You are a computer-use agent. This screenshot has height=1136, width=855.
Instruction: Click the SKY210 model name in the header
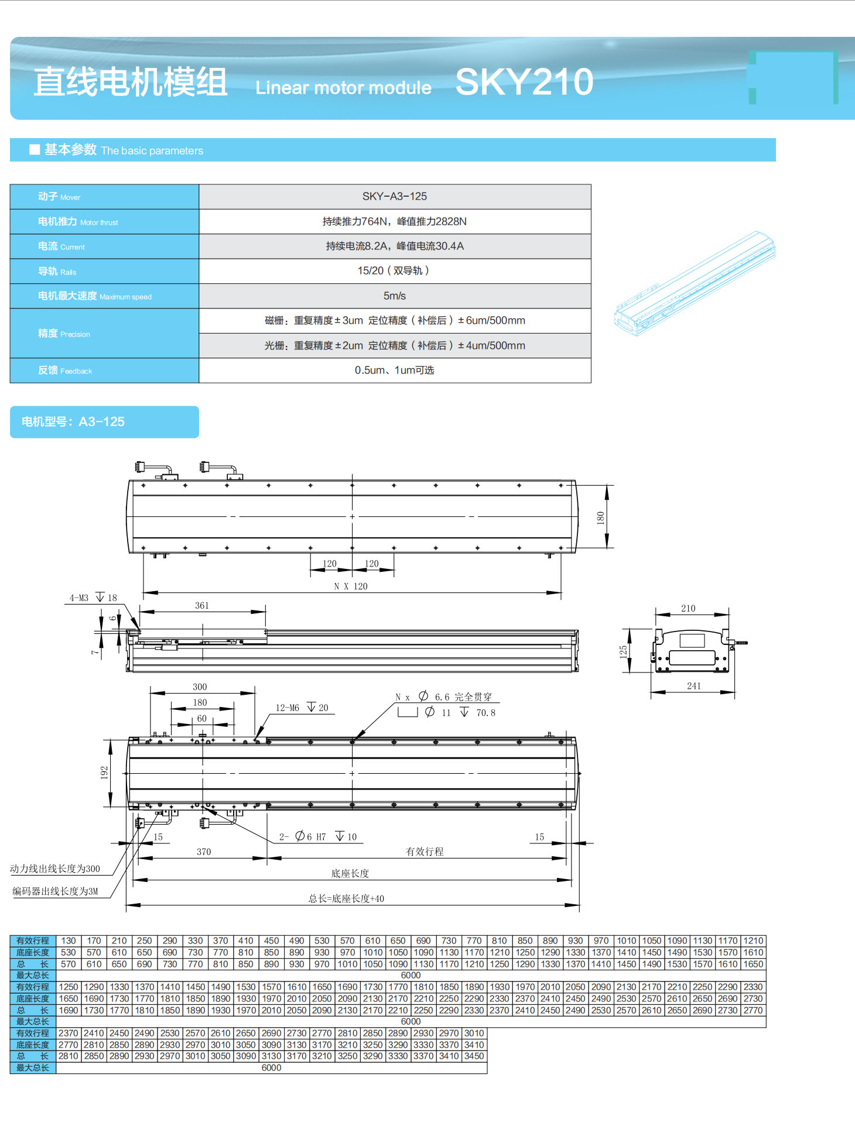(x=524, y=82)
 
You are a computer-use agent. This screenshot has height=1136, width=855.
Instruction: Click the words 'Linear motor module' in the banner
(x=343, y=88)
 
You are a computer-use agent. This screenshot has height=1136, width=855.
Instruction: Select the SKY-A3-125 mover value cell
(x=394, y=197)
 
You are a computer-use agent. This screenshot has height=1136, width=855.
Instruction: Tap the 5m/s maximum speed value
(x=394, y=296)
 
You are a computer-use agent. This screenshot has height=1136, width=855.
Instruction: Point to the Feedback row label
(x=65, y=370)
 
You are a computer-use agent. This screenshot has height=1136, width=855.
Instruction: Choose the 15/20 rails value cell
(x=394, y=271)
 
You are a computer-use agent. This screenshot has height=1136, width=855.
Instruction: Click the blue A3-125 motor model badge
(x=104, y=422)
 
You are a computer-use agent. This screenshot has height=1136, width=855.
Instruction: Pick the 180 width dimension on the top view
(x=600, y=517)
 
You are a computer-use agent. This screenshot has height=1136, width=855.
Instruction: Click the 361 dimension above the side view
(x=202, y=606)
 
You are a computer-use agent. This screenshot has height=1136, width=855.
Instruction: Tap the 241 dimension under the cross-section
(x=694, y=686)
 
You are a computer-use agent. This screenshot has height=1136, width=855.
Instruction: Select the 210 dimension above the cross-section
(x=689, y=609)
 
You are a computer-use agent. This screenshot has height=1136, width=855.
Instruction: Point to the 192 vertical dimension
(x=104, y=773)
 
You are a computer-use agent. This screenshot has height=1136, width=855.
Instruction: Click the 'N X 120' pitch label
(x=351, y=586)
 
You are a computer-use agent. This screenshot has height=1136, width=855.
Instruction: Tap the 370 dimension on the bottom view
(x=204, y=852)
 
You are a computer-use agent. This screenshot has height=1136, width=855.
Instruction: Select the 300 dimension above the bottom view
(x=200, y=687)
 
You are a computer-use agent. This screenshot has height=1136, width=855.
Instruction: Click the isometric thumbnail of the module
(x=695, y=283)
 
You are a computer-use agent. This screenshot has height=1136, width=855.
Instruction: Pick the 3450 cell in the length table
(x=474, y=1056)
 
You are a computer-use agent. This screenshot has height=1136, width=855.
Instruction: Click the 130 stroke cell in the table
(x=69, y=941)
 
